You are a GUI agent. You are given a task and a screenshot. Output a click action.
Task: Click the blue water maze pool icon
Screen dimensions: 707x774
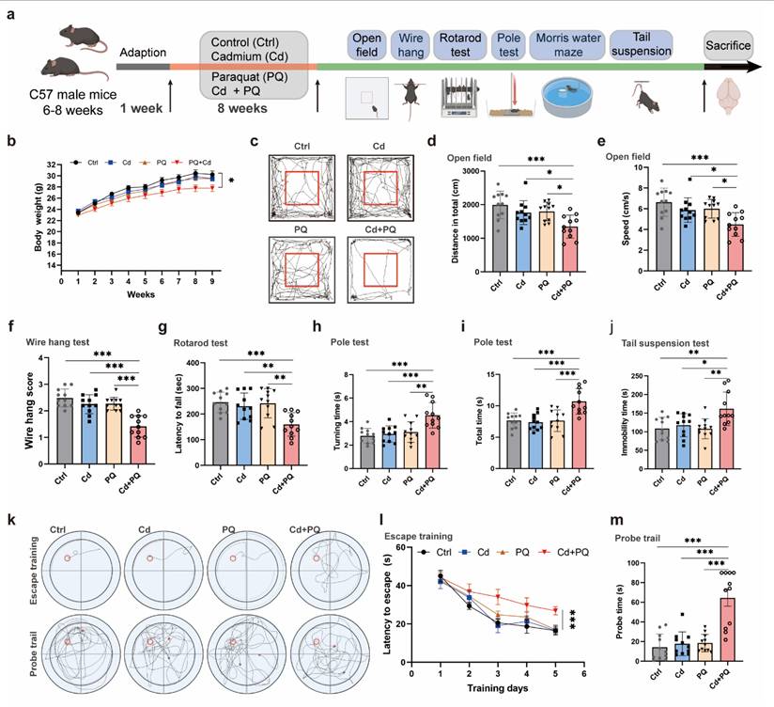567,98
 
